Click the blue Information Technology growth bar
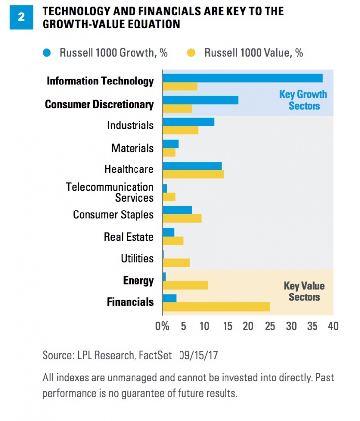(242, 78)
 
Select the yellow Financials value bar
(216, 307)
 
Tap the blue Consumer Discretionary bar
(200, 100)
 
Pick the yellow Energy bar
(185, 285)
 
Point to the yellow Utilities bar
(176, 263)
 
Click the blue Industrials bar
(188, 122)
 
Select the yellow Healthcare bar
(193, 174)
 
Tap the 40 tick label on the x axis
(333, 326)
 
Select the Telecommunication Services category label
(110, 193)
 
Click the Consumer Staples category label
(113, 215)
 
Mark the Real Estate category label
(129, 237)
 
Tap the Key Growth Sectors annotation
(303, 100)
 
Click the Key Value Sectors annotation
(304, 292)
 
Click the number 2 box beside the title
(21, 16)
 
